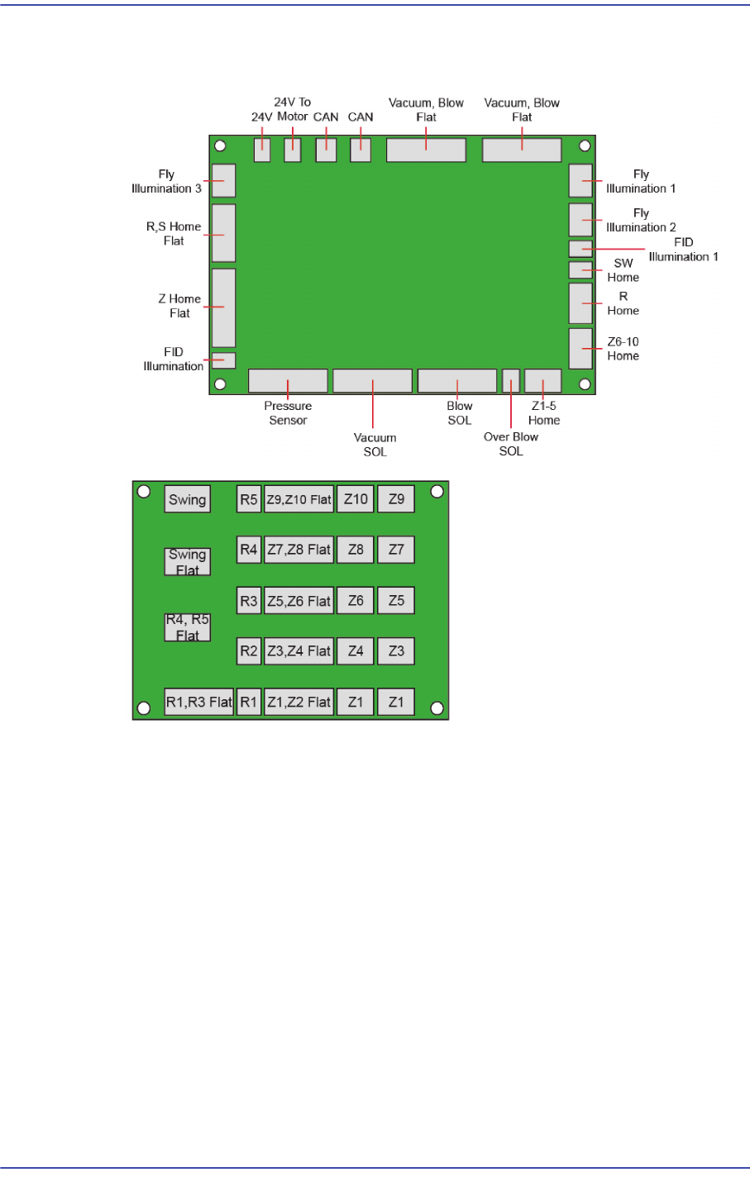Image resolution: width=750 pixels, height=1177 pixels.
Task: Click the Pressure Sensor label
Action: click(x=288, y=413)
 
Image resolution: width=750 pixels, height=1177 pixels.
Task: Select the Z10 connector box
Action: click(x=356, y=499)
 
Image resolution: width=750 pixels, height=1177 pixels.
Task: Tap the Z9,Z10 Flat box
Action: click(x=299, y=499)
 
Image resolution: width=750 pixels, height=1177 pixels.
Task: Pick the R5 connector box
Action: click(x=249, y=499)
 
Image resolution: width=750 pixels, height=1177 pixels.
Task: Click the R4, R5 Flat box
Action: click(x=188, y=627)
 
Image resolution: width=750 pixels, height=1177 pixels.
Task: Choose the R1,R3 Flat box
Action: click(x=198, y=702)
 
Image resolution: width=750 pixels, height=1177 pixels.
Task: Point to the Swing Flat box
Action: click(x=188, y=562)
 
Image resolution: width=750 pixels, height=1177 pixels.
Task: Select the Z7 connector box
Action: click(x=396, y=550)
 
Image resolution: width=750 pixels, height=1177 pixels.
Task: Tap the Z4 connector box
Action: click(x=356, y=651)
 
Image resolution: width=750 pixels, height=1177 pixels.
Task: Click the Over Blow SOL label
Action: click(x=511, y=444)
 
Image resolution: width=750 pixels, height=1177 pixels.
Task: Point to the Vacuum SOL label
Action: click(x=375, y=445)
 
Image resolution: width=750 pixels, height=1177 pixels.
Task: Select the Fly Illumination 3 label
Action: click(x=166, y=182)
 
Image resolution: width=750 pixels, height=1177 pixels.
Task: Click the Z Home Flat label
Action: click(x=179, y=306)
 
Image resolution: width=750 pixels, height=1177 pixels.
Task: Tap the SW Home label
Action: click(x=623, y=270)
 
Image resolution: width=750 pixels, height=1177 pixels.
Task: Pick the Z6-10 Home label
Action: click(x=623, y=349)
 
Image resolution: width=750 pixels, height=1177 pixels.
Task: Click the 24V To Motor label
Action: click(x=293, y=110)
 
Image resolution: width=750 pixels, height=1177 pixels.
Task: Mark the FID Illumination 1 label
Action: click(x=683, y=250)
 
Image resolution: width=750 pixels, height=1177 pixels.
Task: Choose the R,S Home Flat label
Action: click(x=174, y=234)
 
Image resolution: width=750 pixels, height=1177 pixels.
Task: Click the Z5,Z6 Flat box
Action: click(x=299, y=601)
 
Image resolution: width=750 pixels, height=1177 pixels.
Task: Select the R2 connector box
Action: click(x=249, y=651)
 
